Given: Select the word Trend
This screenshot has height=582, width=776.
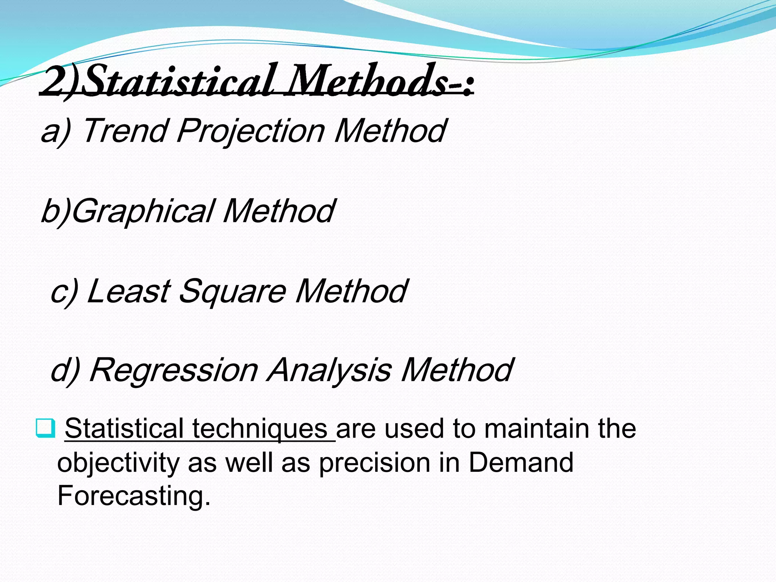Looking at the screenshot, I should [x=125, y=131].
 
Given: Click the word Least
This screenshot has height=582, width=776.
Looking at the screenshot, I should [x=129, y=291].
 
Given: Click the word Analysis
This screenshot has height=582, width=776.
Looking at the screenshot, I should [x=329, y=371].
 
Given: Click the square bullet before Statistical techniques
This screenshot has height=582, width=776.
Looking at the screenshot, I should [x=45, y=428].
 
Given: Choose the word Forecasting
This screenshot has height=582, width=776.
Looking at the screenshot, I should [x=133, y=496].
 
